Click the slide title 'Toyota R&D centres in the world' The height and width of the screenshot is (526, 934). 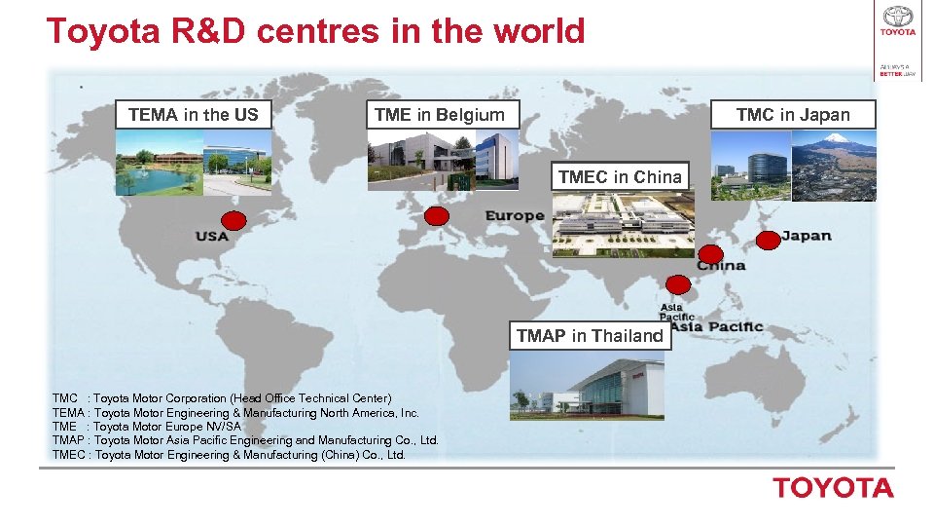pos(315,31)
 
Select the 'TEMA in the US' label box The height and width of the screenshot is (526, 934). pos(193,114)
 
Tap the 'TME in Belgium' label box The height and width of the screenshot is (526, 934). pos(440,114)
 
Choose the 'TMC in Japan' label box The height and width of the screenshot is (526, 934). pos(793,114)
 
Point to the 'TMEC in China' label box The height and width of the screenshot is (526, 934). pos(620,176)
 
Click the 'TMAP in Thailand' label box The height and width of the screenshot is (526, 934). pos(590,335)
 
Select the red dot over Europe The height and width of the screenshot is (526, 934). pos(438,216)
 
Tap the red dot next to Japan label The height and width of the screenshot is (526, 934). pos(768,239)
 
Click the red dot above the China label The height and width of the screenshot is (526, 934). pos(711,253)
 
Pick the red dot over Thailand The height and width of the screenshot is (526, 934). pos(678,284)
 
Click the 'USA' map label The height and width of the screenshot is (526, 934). pos(211,236)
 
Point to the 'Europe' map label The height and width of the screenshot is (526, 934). pos(514,215)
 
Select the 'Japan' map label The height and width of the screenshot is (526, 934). pos(807,235)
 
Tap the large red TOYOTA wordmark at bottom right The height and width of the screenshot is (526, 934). pos(833,488)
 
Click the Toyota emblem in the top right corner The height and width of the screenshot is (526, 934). pos(897,17)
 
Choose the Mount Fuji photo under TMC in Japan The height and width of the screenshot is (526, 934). pos(835,166)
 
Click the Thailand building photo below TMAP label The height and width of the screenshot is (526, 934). pos(587,385)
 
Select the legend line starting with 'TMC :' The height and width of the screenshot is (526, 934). pos(222,398)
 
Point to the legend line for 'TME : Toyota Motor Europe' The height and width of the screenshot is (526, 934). pos(147,427)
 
